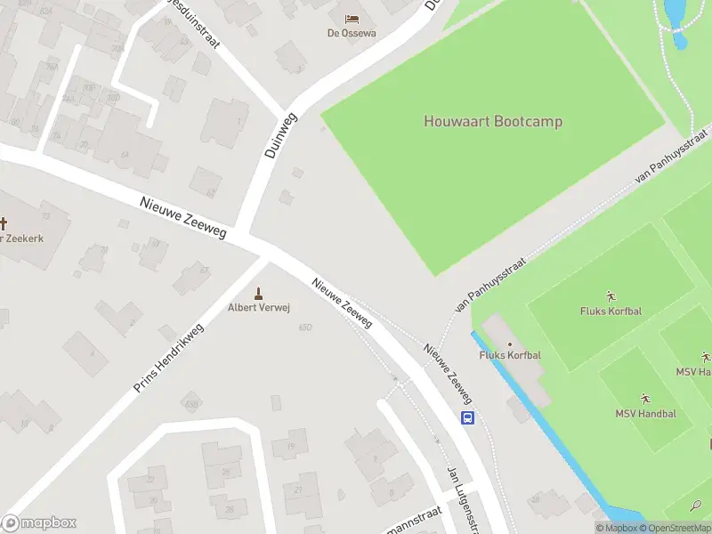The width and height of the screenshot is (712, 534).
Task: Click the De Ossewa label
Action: [x=351, y=33]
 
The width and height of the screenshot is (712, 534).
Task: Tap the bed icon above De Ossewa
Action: [x=352, y=18]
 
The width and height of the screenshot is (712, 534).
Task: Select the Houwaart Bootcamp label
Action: [x=492, y=122]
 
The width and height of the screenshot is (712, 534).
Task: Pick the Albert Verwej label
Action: [x=259, y=308]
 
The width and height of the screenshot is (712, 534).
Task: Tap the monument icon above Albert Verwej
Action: [x=259, y=293]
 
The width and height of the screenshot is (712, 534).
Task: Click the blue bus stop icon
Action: [x=467, y=417]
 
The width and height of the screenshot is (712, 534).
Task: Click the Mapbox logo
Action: [x=38, y=523]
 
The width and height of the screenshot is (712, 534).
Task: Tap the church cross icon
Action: [x=3, y=223]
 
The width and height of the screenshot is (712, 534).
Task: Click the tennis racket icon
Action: [x=696, y=506]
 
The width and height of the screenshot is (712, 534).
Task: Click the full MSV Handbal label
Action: [x=645, y=414]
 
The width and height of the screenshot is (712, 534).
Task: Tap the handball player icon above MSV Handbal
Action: [x=645, y=398]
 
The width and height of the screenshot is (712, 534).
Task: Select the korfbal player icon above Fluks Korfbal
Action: [x=611, y=295]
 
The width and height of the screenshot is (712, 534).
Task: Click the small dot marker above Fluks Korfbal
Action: [x=510, y=344]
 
